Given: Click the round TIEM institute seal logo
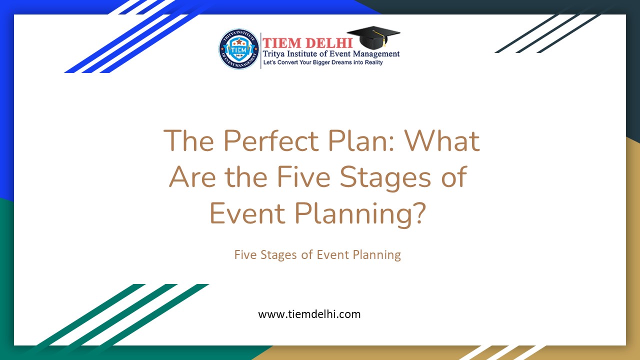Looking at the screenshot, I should coord(239,49).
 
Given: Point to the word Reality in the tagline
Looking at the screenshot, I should coord(370,62).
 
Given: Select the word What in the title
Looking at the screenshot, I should coord(442,140).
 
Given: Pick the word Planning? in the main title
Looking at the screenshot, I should coord(360,214).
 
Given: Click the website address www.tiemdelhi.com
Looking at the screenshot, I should coord(309,314).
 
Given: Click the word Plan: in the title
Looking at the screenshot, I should coord(360,140).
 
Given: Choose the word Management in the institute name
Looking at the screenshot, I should coord(375,54).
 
